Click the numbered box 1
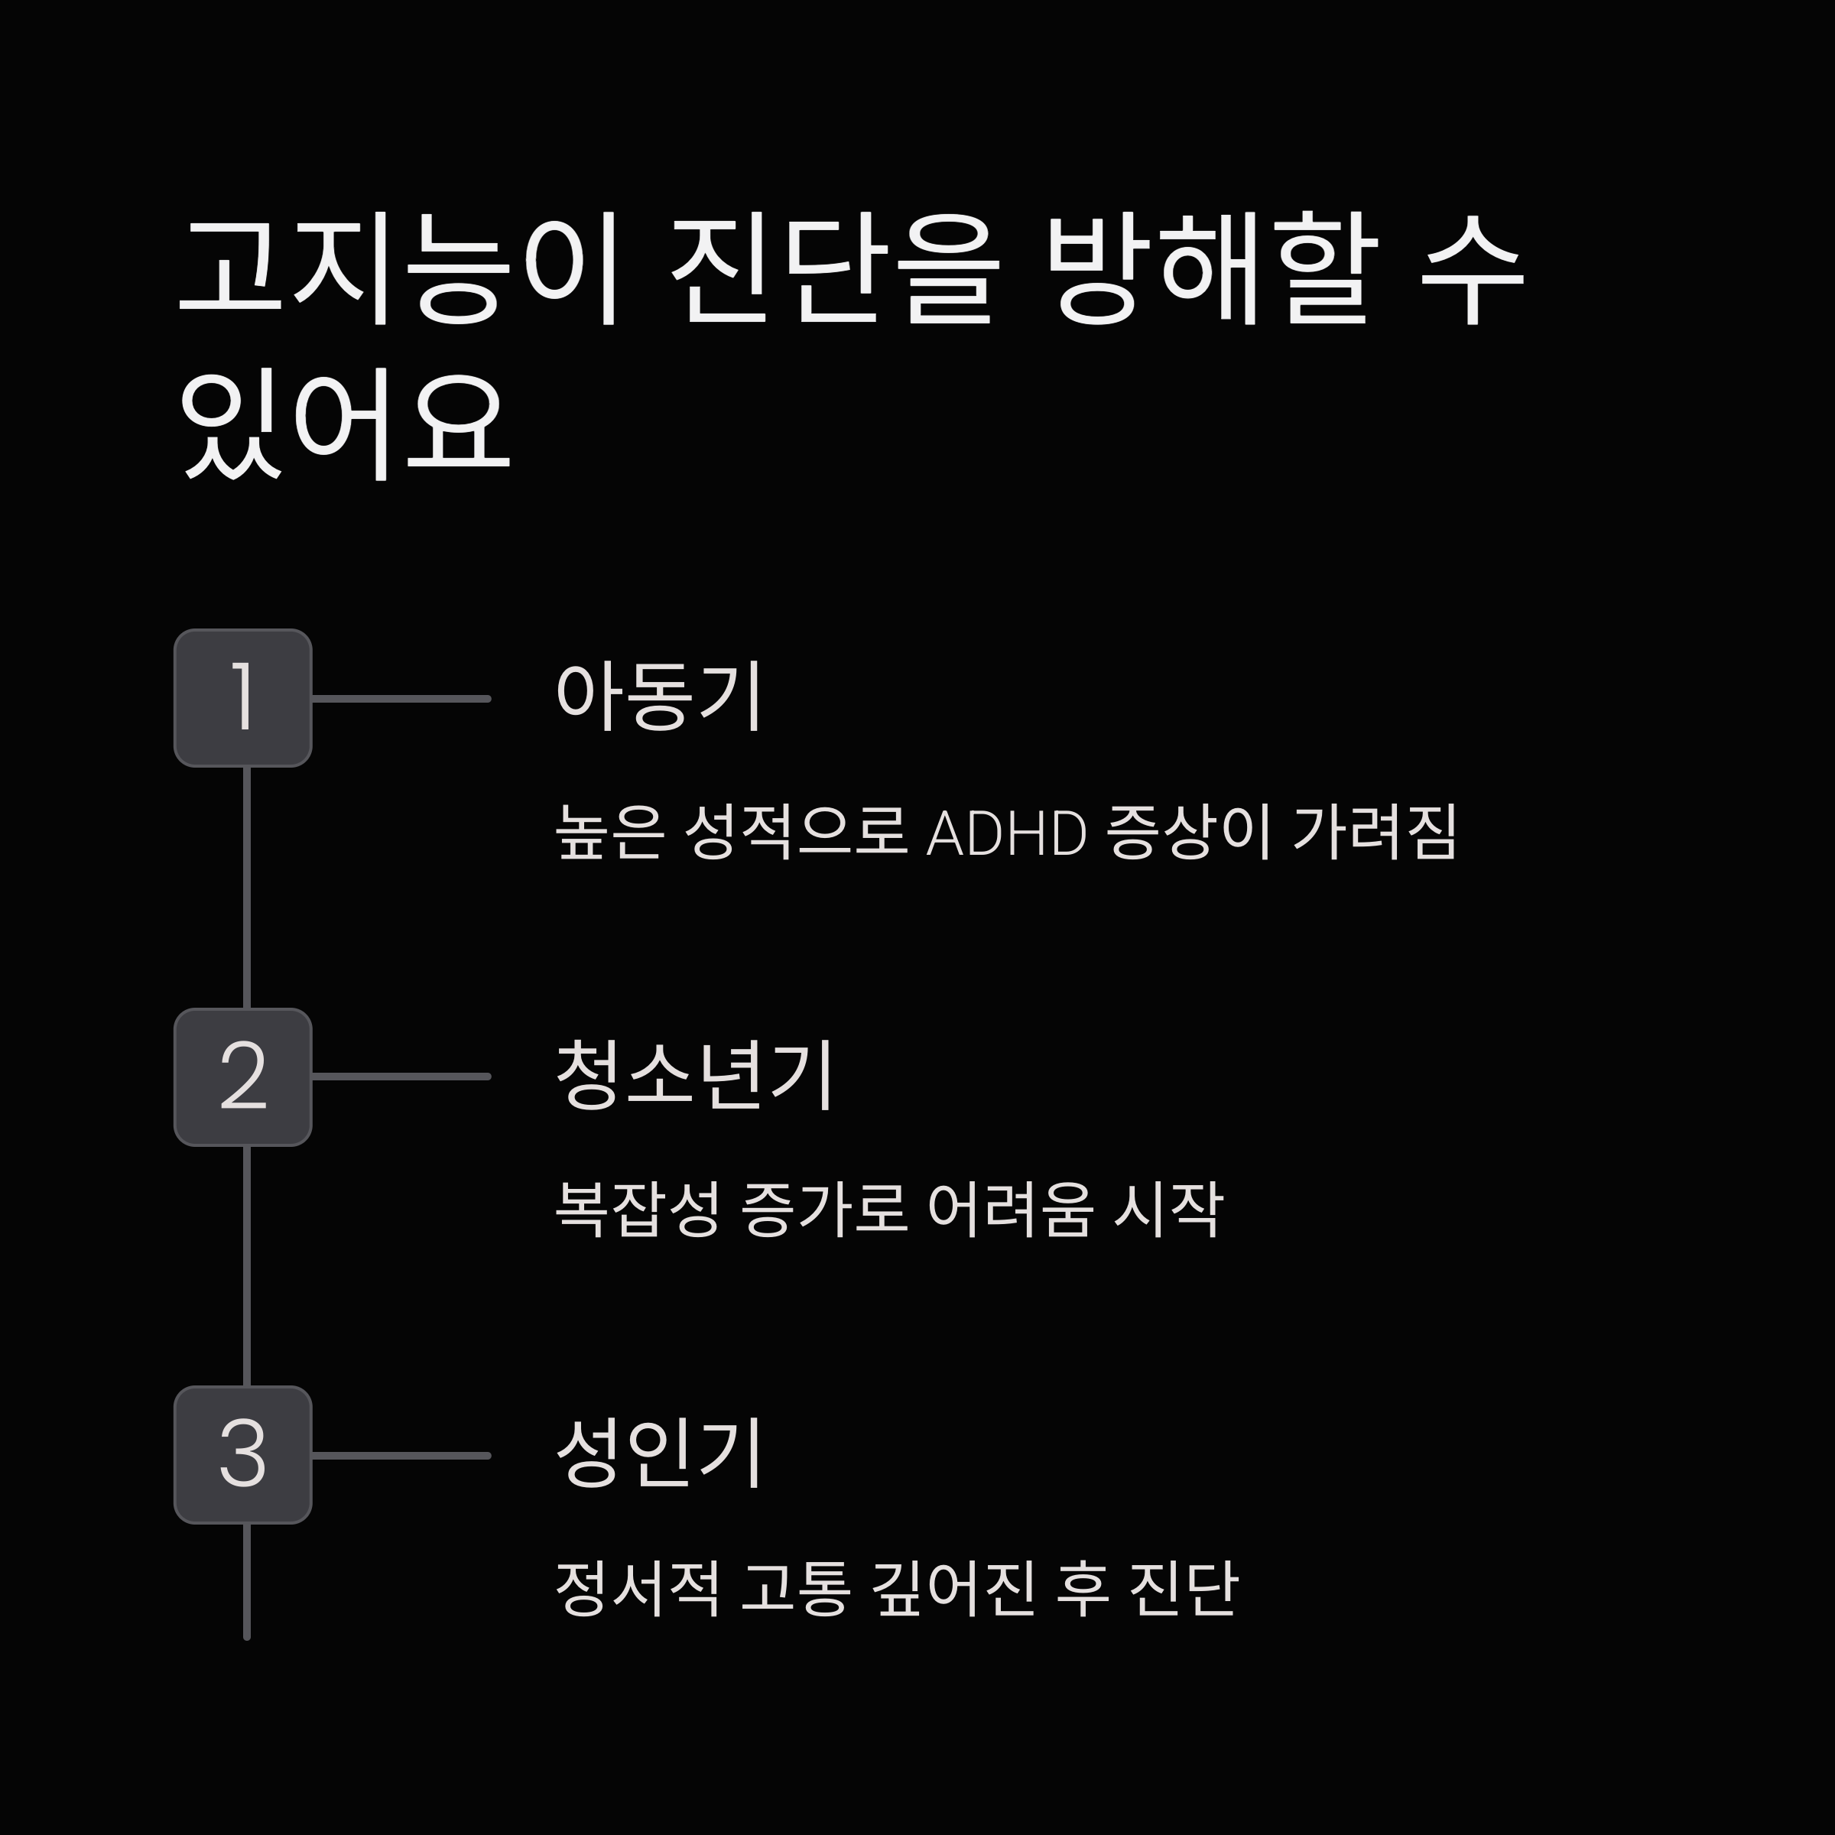coord(243,698)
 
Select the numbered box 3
coord(243,1454)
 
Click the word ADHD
coord(1006,834)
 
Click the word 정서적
coord(638,1587)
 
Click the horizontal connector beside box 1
coord(401,699)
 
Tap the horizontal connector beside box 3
coord(401,1455)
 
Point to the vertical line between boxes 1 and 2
coord(247,887)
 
